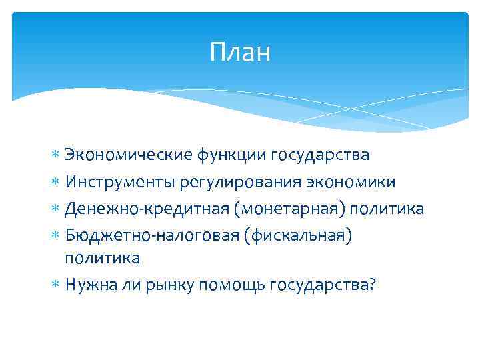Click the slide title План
(240, 52)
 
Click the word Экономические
(128, 155)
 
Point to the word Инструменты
(117, 182)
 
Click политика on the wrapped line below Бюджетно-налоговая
(102, 257)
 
